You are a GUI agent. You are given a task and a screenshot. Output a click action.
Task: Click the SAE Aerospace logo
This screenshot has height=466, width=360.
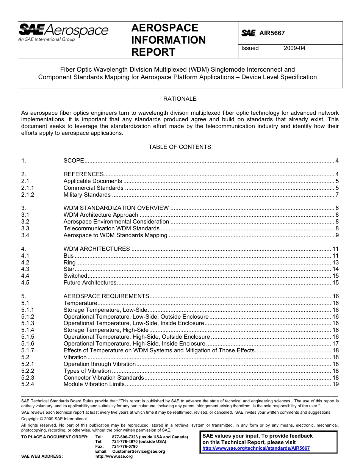click(63, 32)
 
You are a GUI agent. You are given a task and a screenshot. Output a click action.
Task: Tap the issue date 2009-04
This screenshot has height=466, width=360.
click(294, 48)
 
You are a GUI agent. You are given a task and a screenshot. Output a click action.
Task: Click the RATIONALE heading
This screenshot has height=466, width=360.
click(180, 99)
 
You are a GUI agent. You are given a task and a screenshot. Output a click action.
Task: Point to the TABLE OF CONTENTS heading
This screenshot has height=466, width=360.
click(180, 147)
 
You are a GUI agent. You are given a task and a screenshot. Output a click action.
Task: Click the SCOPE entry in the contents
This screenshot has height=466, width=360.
click(74, 161)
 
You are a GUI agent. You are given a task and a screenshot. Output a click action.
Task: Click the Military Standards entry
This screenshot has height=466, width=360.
click(87, 195)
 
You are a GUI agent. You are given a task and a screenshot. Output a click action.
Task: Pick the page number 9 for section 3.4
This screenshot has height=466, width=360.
click(337, 235)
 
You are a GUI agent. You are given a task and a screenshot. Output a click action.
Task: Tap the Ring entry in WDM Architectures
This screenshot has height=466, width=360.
click(69, 263)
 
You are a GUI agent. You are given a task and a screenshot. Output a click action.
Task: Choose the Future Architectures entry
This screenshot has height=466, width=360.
click(90, 283)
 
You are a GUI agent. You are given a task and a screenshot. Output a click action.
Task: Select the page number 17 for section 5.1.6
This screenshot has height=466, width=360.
click(335, 344)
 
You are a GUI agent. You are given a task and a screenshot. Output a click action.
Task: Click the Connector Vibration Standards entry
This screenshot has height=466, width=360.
click(103, 378)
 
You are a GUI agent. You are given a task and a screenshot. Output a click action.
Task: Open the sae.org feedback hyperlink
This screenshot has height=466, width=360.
click(256, 448)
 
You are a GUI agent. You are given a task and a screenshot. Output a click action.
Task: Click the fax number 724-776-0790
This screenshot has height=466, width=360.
click(125, 447)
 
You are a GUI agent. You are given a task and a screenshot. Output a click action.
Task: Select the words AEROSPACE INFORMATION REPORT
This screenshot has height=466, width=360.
click(168, 40)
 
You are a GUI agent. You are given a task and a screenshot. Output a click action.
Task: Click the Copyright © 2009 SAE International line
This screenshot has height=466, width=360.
click(54, 419)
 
